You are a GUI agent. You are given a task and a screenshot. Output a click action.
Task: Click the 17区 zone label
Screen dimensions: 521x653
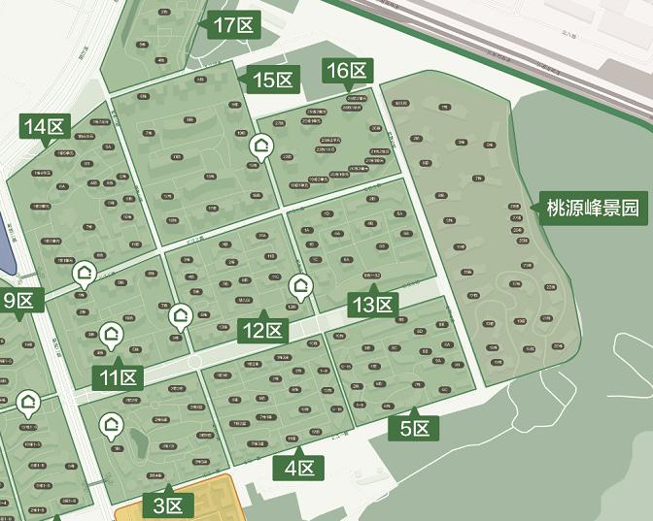click(x=232, y=26)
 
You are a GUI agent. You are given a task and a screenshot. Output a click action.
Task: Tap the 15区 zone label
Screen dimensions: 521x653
click(x=272, y=81)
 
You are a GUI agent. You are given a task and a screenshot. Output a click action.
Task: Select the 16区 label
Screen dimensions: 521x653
click(x=347, y=71)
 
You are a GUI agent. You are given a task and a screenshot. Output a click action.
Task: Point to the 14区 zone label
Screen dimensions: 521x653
click(x=44, y=126)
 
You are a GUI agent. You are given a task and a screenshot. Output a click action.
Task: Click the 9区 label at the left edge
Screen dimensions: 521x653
click(x=18, y=300)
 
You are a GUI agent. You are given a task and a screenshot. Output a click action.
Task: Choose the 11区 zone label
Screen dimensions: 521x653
click(x=118, y=376)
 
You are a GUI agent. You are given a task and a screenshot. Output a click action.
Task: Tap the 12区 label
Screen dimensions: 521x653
click(x=262, y=330)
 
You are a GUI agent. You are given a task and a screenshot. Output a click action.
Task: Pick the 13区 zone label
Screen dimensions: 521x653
click(x=373, y=305)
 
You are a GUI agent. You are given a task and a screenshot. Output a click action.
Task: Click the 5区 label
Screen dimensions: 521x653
click(x=414, y=428)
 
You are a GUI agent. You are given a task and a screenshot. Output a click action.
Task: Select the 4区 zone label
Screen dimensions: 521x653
click(x=298, y=470)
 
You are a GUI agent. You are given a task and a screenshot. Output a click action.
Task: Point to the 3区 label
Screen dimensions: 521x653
click(x=168, y=505)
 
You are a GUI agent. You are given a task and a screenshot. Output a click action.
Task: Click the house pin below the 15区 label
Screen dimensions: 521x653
click(x=260, y=147)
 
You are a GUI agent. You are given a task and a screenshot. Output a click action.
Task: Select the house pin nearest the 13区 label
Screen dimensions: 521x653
click(x=301, y=285)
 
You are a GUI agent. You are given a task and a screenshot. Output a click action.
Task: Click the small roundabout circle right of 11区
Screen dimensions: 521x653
click(x=195, y=361)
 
